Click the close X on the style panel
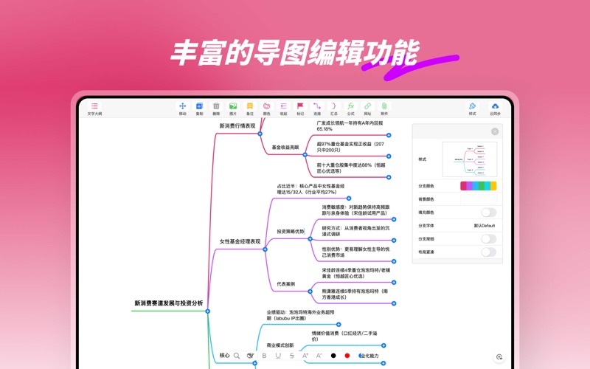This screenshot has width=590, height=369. (x=495, y=131)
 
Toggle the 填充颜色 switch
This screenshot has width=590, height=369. (x=488, y=213)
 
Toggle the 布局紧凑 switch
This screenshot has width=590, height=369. (x=488, y=252)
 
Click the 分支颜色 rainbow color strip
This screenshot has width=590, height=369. (x=479, y=186)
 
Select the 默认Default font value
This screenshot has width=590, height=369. (x=485, y=226)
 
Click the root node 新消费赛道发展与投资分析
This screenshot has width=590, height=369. (x=169, y=303)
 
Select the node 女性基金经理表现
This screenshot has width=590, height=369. (x=240, y=241)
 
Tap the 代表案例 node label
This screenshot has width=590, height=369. (x=286, y=283)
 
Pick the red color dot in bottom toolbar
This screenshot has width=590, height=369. (x=347, y=356)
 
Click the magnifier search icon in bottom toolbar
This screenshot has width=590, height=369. (x=237, y=356)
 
